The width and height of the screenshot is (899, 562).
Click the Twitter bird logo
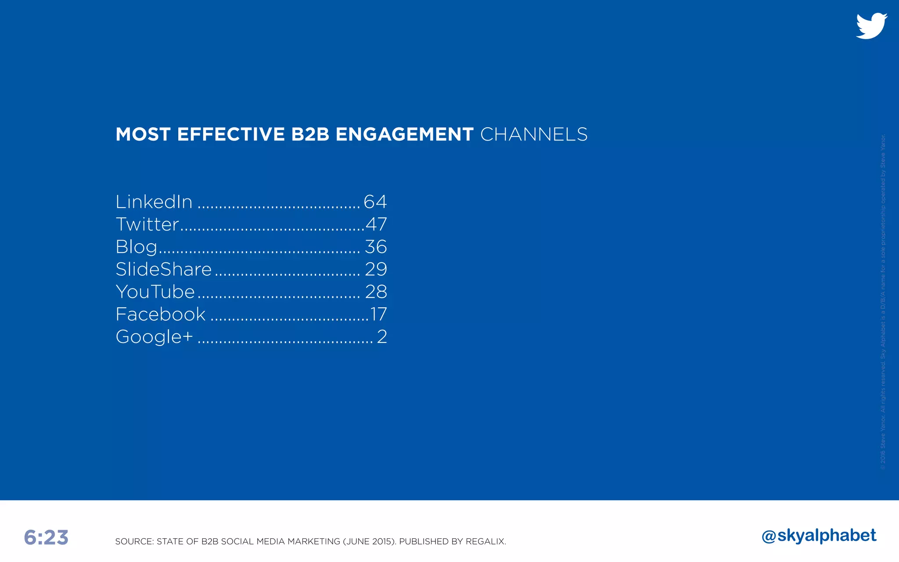tap(871, 26)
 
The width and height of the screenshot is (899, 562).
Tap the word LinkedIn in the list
tap(154, 202)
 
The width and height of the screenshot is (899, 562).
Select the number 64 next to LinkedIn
tap(375, 202)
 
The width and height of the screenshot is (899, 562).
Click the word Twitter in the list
tap(147, 224)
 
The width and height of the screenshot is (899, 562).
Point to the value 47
tap(376, 224)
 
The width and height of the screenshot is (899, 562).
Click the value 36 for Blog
tap(376, 247)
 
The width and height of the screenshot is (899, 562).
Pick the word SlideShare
tap(164, 269)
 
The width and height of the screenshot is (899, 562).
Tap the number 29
tap(376, 269)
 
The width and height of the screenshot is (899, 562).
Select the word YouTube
tap(155, 292)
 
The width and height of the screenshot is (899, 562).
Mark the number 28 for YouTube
tap(376, 292)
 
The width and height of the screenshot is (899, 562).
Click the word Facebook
tap(161, 314)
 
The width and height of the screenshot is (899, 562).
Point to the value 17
tap(378, 314)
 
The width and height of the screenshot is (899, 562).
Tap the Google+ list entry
tap(154, 337)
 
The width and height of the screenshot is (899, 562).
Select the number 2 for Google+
tap(382, 337)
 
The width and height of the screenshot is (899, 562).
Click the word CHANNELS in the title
tap(534, 134)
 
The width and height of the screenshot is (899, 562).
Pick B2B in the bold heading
tap(310, 134)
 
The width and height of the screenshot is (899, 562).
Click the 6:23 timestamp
tap(46, 537)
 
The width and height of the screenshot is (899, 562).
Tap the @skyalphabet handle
tap(819, 536)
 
